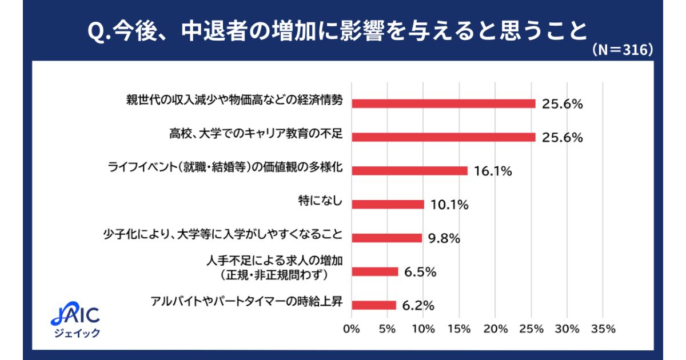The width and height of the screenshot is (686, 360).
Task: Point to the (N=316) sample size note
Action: click(x=622, y=50)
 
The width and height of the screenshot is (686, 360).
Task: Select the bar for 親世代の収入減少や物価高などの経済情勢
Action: click(x=443, y=103)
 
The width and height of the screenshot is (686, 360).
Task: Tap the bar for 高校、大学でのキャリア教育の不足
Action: click(x=443, y=137)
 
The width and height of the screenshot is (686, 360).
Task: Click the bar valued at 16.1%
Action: click(x=409, y=171)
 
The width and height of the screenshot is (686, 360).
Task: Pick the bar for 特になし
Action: click(x=388, y=205)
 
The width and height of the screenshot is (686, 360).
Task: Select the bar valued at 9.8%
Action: click(x=386, y=238)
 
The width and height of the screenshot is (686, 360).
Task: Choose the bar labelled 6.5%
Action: click(x=374, y=272)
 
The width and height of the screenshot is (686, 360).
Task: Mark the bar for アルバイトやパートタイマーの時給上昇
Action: click(x=374, y=305)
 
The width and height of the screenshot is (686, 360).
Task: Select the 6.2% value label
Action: click(x=418, y=306)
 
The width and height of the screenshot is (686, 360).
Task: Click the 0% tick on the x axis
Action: click(x=351, y=329)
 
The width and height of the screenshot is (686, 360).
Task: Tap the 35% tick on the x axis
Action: click(x=603, y=329)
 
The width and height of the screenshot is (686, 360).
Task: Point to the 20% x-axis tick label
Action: click(x=495, y=329)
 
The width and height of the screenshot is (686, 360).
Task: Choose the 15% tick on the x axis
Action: click(x=459, y=329)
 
